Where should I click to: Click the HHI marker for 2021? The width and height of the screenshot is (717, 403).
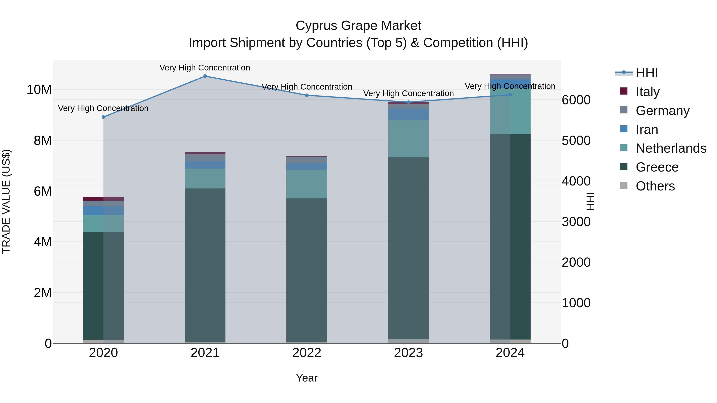(205, 76)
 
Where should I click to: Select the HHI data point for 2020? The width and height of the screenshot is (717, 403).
(104, 117)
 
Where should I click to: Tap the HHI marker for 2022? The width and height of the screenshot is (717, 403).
(307, 95)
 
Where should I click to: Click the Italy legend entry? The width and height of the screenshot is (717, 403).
(647, 92)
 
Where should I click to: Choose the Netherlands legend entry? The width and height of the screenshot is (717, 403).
(671, 148)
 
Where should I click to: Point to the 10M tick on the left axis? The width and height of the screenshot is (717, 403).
(39, 90)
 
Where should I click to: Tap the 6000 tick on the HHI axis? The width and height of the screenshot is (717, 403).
(576, 100)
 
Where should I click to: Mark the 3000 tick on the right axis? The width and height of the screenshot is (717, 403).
(576, 222)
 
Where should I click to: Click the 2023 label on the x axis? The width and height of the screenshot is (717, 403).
(408, 353)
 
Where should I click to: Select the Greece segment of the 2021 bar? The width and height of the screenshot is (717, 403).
(205, 264)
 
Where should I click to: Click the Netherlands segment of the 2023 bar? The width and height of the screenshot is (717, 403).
(408, 139)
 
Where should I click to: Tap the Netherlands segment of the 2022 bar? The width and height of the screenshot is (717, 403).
(307, 184)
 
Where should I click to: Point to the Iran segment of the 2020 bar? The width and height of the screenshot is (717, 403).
(104, 211)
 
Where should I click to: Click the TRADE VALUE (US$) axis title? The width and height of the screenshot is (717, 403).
(6, 201)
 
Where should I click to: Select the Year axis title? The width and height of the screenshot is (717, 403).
(307, 378)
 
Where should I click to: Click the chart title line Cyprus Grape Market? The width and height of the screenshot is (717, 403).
(358, 26)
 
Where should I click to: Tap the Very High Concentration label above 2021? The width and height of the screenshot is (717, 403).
(205, 68)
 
